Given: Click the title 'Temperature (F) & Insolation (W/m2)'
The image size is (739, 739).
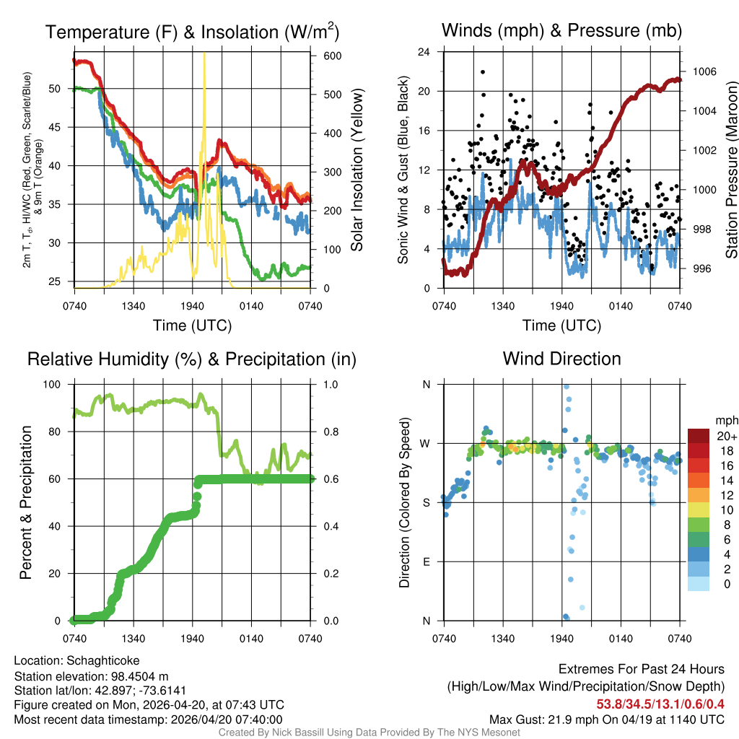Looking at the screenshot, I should pos(192,32).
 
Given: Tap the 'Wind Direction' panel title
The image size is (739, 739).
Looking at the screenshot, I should pos(561,359).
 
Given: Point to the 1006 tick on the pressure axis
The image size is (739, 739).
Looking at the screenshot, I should pos(704,71).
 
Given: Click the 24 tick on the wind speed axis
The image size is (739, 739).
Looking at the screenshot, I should pos(424,52).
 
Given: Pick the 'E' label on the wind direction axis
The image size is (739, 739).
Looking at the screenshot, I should pos(426,561).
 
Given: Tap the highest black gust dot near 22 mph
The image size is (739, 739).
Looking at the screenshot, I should pos(482,71).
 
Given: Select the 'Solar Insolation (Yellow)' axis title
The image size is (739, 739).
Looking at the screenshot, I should pos(357,170).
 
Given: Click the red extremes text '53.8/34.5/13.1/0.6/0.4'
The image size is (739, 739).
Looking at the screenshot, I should pos(660,704).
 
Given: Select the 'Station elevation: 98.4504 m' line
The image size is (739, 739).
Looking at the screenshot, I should pos(91,675).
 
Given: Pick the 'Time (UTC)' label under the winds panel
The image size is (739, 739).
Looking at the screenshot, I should pos(562,325).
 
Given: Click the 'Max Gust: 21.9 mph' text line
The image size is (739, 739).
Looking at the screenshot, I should pos(606,719).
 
